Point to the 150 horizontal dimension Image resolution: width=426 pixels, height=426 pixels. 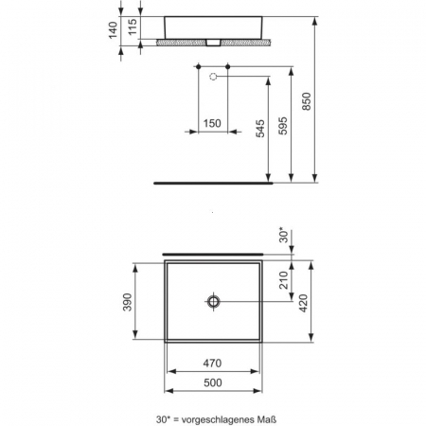(212, 124)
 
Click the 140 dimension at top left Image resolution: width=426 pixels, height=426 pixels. (114, 31)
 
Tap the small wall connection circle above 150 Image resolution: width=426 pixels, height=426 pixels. (213, 74)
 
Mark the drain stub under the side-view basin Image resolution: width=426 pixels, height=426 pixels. (214, 43)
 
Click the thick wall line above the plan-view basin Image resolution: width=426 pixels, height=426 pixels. (214, 254)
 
